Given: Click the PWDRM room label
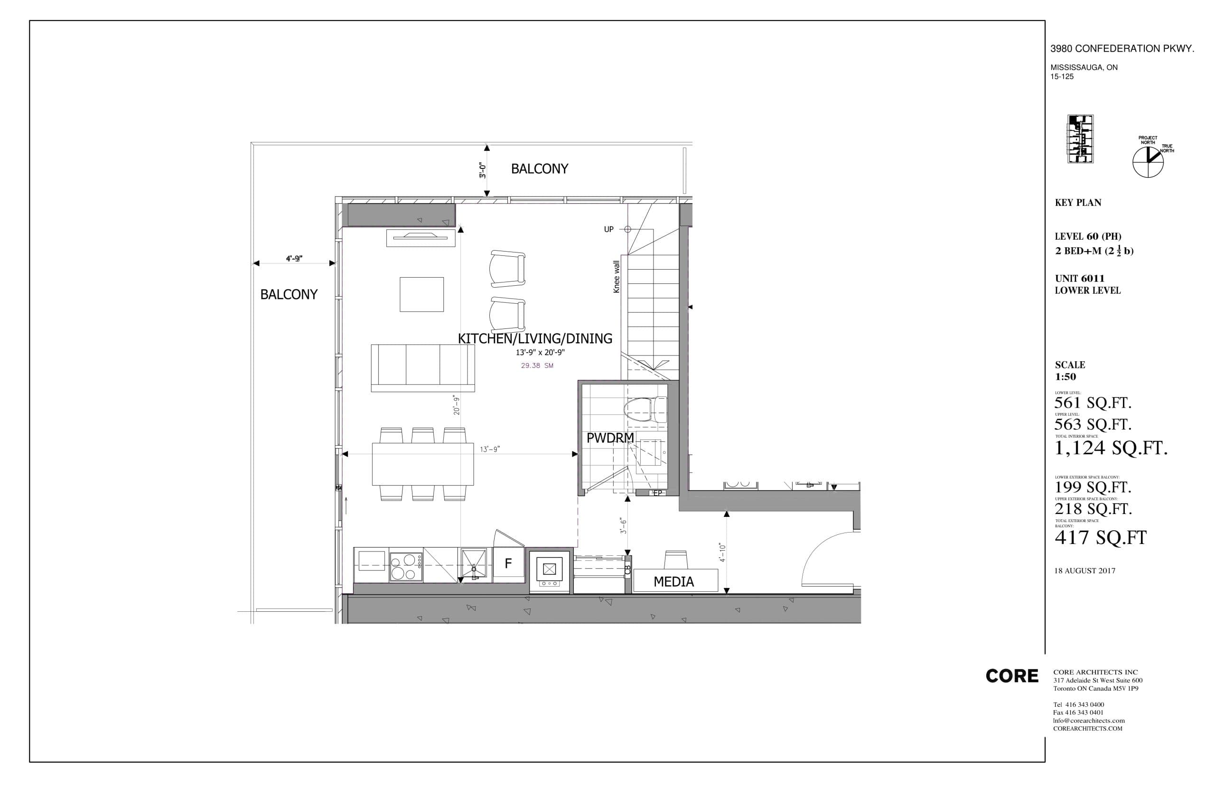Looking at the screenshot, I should pyautogui.click(x=609, y=438).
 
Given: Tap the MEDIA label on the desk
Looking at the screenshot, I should pyautogui.click(x=673, y=581).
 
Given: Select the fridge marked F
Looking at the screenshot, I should pyautogui.click(x=508, y=563).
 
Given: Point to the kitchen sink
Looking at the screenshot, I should pyautogui.click(x=475, y=564).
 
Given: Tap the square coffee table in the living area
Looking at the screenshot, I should pyautogui.click(x=421, y=294).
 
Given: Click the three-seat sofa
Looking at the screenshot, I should pyautogui.click(x=422, y=367).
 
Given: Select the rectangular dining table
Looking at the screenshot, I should pyautogui.click(x=422, y=463).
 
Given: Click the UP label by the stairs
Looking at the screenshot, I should pyautogui.click(x=608, y=229).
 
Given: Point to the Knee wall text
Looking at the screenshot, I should pyautogui.click(x=617, y=277).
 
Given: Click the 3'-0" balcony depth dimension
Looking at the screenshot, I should pyautogui.click(x=482, y=170).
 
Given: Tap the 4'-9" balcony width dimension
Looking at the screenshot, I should pyautogui.click(x=294, y=259).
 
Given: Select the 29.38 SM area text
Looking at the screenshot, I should pyautogui.click(x=537, y=365).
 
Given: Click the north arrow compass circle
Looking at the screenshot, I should pyautogui.click(x=1148, y=162).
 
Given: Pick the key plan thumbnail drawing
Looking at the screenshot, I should pyautogui.click(x=1080, y=139).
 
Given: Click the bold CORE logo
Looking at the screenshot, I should pyautogui.click(x=1011, y=676).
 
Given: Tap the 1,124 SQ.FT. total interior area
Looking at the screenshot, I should pyautogui.click(x=1111, y=448).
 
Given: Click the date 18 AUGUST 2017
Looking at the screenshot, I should pyautogui.click(x=1084, y=571).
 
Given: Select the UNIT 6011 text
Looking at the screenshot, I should pyautogui.click(x=1079, y=278).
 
